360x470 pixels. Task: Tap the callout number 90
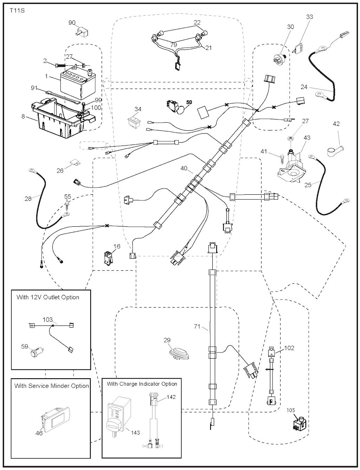click(x=72, y=23)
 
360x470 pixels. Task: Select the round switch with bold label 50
click(x=176, y=107)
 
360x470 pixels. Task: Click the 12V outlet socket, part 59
click(x=37, y=352)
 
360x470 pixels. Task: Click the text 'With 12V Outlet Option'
click(x=48, y=297)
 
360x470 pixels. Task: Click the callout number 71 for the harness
click(x=197, y=327)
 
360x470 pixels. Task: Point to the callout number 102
click(x=289, y=348)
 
